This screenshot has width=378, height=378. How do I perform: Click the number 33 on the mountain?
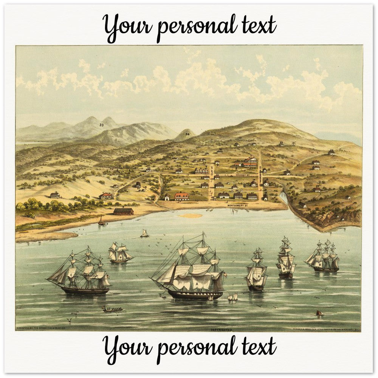pyautogui.click(x=101, y=125)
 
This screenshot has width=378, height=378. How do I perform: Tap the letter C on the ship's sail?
pyautogui.click(x=71, y=275)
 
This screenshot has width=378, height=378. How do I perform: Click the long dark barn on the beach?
pyautogui.click(x=124, y=211)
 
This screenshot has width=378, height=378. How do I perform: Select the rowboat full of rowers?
pyautogui.click(x=112, y=309)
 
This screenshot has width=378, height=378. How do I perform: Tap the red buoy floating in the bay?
pyautogui.click(x=319, y=313)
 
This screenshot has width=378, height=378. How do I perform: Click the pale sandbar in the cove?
pyautogui.click(x=190, y=215)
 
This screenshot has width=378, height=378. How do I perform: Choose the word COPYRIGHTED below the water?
pyautogui.click(x=222, y=330)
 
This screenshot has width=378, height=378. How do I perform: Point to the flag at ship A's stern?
pyautogui.click(x=225, y=274)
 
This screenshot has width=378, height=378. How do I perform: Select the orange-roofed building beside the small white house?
pyautogui.click(x=181, y=196)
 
